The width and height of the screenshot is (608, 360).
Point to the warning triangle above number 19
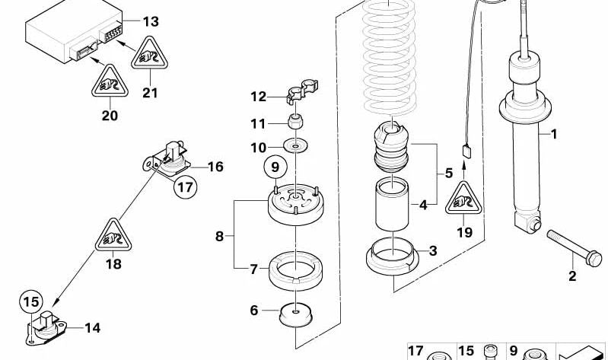tap(463, 199)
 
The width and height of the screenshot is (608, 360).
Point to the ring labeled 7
tap(293, 268)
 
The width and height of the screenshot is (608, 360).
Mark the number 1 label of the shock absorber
tap(554, 135)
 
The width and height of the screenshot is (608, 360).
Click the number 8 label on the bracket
tap(220, 236)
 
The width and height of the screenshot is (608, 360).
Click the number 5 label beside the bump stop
tap(449, 173)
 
